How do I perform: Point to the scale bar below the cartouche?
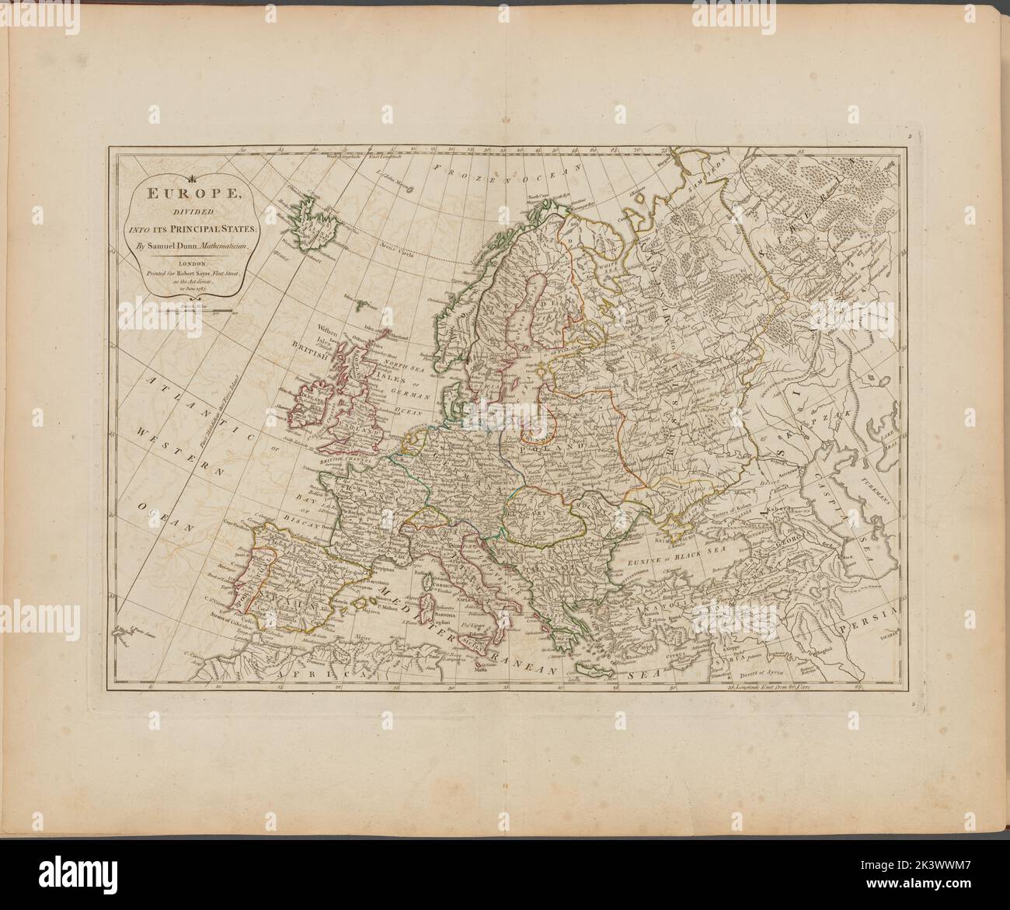190,311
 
